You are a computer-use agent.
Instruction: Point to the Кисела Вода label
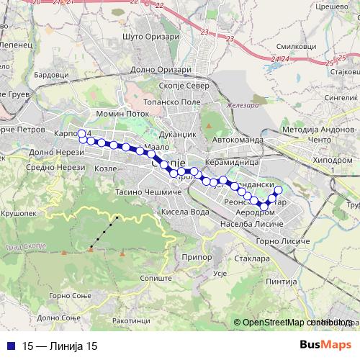(x=185, y=212)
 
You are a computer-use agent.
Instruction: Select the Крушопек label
(x=21, y=215)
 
